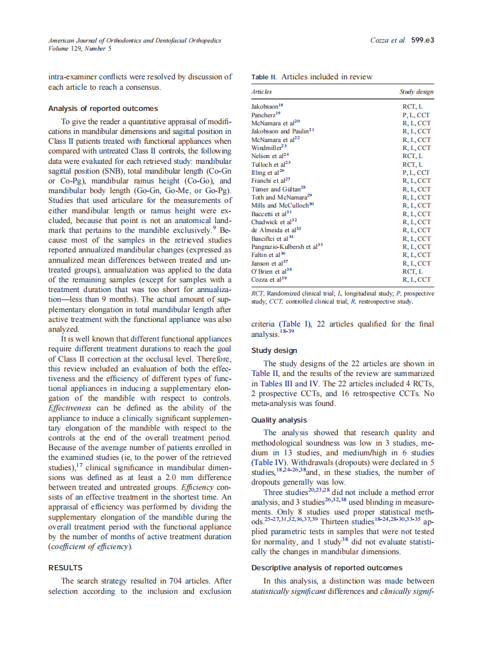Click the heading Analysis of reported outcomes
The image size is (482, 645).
coord(103,109)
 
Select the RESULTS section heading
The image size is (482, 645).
coord(65,567)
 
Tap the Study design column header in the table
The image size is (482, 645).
coord(416,92)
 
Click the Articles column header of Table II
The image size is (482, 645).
coord(262,92)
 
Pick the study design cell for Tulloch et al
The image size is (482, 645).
coord(412,164)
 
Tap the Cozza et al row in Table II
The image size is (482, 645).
coord(269,279)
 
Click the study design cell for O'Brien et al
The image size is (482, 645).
coord(412,271)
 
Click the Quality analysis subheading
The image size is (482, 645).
coord(279,420)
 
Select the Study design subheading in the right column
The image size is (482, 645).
coord(274,351)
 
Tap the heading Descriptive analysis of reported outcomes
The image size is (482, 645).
coord(327,568)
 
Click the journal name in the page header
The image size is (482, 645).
coord(135,41)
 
